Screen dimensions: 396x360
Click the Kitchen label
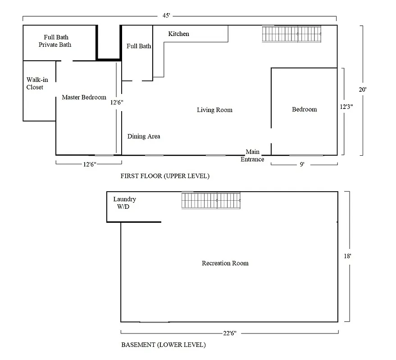178,34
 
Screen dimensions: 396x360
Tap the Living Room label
214,110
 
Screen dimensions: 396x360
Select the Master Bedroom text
84,97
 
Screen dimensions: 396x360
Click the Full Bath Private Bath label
55,41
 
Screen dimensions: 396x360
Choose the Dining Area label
143,136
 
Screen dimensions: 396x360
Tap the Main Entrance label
252,156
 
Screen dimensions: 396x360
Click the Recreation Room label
225,263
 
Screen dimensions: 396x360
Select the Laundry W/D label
124,203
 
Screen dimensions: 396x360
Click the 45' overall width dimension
166,15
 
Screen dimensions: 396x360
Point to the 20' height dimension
362,90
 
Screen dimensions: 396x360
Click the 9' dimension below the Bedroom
302,165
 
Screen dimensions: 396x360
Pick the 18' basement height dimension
347,256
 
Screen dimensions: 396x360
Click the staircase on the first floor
292,34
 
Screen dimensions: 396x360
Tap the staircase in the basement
210,200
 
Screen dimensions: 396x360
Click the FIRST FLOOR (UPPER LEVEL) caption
164,176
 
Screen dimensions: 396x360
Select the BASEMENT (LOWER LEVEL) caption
163,345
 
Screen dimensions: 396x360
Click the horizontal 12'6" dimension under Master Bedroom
88,165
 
